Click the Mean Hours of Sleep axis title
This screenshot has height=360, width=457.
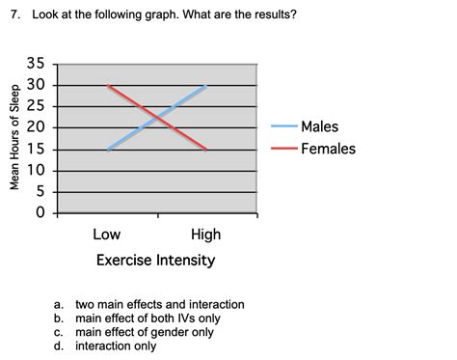tap(14, 139)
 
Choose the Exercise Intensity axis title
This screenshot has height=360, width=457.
tap(155, 261)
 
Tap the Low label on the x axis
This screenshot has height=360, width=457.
tap(106, 235)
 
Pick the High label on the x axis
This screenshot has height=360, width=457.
tap(205, 235)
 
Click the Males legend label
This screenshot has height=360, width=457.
tap(319, 127)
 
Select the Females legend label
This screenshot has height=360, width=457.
tap(328, 149)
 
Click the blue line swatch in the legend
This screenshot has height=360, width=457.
tap(284, 127)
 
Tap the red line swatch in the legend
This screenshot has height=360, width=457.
tap(284, 149)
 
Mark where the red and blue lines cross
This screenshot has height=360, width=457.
tap(156, 118)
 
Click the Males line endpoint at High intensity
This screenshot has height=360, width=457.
tap(206, 86)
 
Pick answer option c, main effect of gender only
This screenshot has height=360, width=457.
tap(145, 332)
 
